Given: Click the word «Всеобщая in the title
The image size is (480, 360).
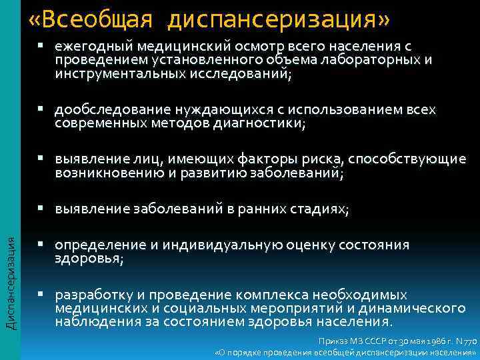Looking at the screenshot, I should (x=91, y=19).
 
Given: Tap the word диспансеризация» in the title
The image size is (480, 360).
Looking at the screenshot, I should (x=278, y=19).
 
